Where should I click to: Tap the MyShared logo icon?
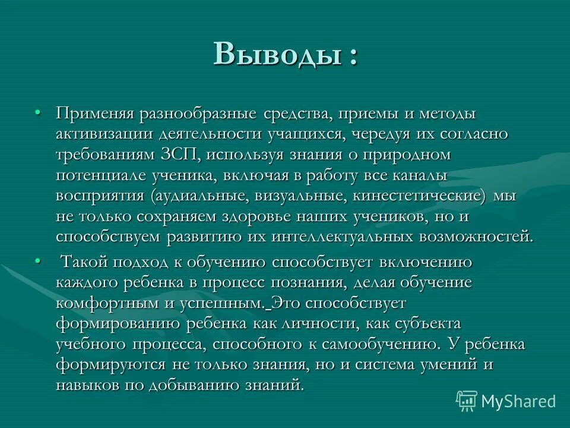click(x=467, y=401)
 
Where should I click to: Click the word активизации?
click(x=104, y=134)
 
